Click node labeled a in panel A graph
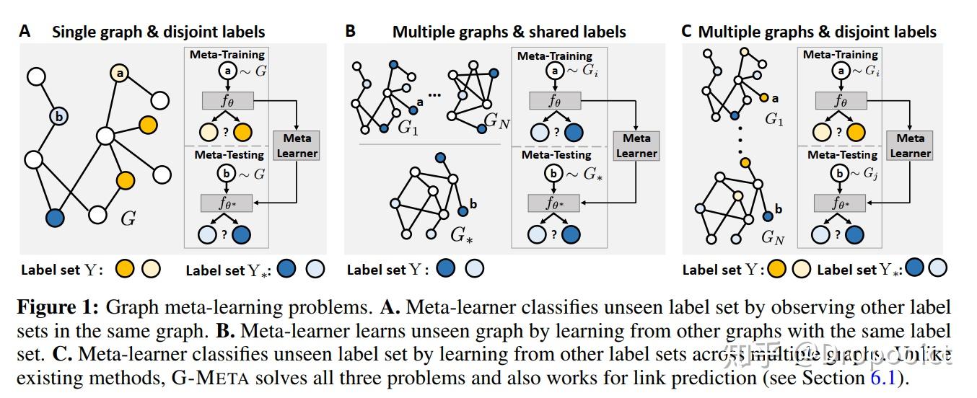[120, 73]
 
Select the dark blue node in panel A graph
[54, 216]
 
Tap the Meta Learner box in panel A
[297, 145]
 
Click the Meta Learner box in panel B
[636, 145]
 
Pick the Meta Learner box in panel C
[910, 145]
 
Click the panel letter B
[351, 31]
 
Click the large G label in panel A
[128, 218]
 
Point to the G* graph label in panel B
[460, 234]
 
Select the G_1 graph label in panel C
[774, 120]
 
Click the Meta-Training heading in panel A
[227, 55]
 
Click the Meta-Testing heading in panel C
[841, 154]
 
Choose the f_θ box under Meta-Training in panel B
[554, 100]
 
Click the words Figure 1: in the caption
[58, 306]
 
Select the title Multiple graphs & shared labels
[509, 32]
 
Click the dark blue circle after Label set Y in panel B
[446, 269]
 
